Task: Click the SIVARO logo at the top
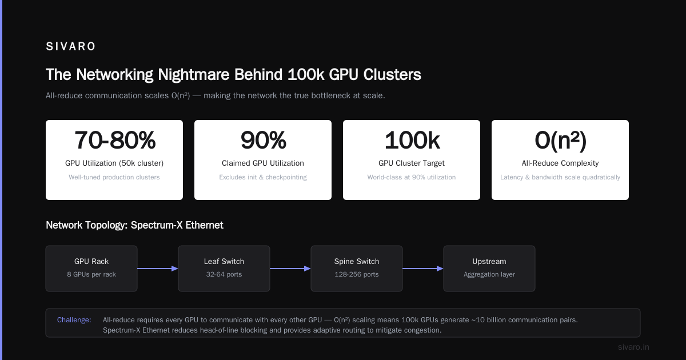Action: [x=70, y=46]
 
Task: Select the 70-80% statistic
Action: [x=115, y=140]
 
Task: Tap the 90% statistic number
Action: [x=263, y=140]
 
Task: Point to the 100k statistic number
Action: [x=412, y=140]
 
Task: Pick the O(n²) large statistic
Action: [x=560, y=140]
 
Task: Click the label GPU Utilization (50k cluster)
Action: [x=114, y=163]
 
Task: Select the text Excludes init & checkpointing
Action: [x=263, y=177]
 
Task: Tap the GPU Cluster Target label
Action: [x=411, y=163]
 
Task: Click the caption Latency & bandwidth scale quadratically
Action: [x=560, y=177]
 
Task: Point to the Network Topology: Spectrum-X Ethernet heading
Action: [x=134, y=225]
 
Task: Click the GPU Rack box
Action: [x=91, y=269]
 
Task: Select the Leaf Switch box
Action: [x=224, y=269]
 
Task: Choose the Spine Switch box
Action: [x=357, y=269]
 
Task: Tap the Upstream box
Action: [x=489, y=269]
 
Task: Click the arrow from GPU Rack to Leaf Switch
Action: [x=158, y=269]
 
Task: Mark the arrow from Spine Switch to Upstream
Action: [x=423, y=269]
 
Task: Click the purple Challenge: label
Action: [x=74, y=320]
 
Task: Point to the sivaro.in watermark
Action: [x=633, y=347]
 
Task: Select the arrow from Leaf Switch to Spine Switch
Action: [x=290, y=269]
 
